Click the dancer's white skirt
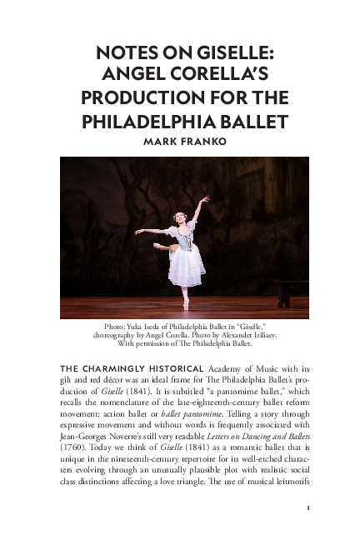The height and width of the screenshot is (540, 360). [x=186, y=266]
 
